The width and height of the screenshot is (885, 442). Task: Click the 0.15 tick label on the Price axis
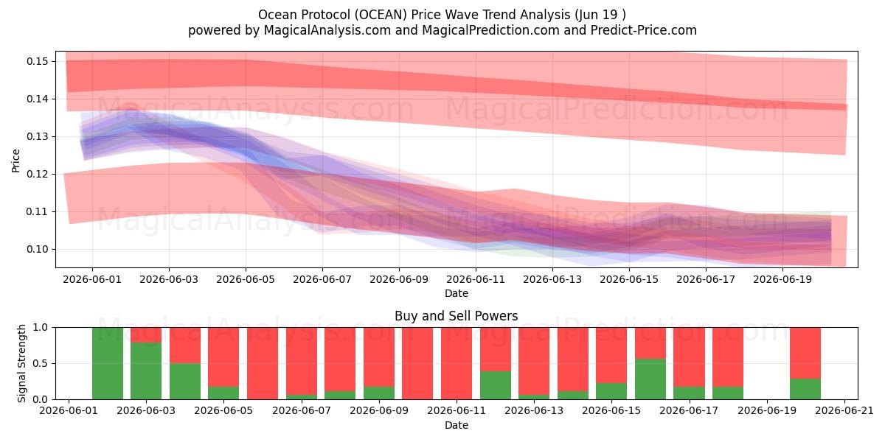coord(38,62)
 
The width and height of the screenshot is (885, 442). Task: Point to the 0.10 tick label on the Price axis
coord(38,250)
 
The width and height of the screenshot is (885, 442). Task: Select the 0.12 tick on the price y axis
coord(38,175)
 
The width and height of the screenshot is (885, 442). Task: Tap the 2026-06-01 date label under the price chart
coord(92,279)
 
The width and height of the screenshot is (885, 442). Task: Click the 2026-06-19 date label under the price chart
coord(782,279)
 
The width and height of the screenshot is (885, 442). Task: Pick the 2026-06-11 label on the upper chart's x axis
coord(476,279)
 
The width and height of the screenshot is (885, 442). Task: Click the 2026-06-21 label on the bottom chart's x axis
coord(844,411)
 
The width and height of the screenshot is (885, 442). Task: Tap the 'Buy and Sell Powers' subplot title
coord(457,316)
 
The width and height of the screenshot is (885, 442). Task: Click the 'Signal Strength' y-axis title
coord(21,363)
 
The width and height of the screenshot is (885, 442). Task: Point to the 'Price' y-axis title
coord(15,161)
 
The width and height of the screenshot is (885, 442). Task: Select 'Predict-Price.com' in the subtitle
coord(644,30)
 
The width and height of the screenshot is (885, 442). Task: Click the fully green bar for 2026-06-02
coord(108,363)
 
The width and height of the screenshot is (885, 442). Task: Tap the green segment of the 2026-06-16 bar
coord(650,379)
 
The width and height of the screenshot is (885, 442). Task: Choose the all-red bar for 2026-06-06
coord(263,363)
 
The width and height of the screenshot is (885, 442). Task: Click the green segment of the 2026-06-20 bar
coord(805,389)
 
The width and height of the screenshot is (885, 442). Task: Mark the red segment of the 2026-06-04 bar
coord(185,345)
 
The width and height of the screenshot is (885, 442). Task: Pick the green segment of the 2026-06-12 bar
coord(496,385)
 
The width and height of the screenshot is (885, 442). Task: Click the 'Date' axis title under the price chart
coord(457,294)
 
